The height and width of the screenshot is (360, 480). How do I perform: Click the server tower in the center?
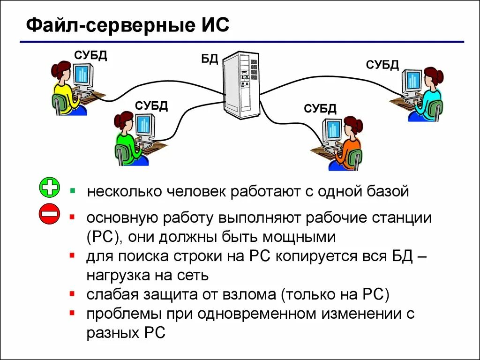[x=241, y=85]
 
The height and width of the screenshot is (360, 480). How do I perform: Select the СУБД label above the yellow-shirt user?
[x=90, y=56]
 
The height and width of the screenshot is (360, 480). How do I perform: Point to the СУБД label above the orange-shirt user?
[x=320, y=109]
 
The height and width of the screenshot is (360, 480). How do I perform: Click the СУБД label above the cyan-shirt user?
[x=382, y=65]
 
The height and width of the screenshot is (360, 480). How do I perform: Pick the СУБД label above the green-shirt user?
[x=151, y=105]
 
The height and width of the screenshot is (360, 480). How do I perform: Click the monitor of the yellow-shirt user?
[x=83, y=75]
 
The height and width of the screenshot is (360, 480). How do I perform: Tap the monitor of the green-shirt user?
[x=145, y=125]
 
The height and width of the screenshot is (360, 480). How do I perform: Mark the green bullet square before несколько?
[x=73, y=191]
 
